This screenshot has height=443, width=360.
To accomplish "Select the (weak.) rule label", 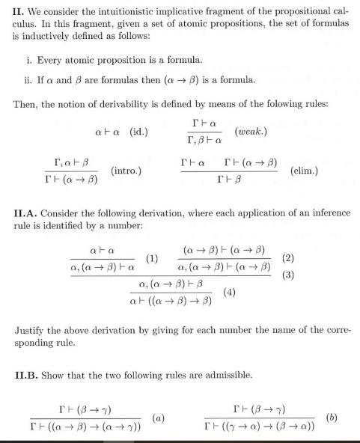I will click(254, 131).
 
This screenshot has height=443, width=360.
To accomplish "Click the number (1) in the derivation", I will click(152, 259).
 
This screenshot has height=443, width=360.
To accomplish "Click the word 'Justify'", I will click(31, 329).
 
